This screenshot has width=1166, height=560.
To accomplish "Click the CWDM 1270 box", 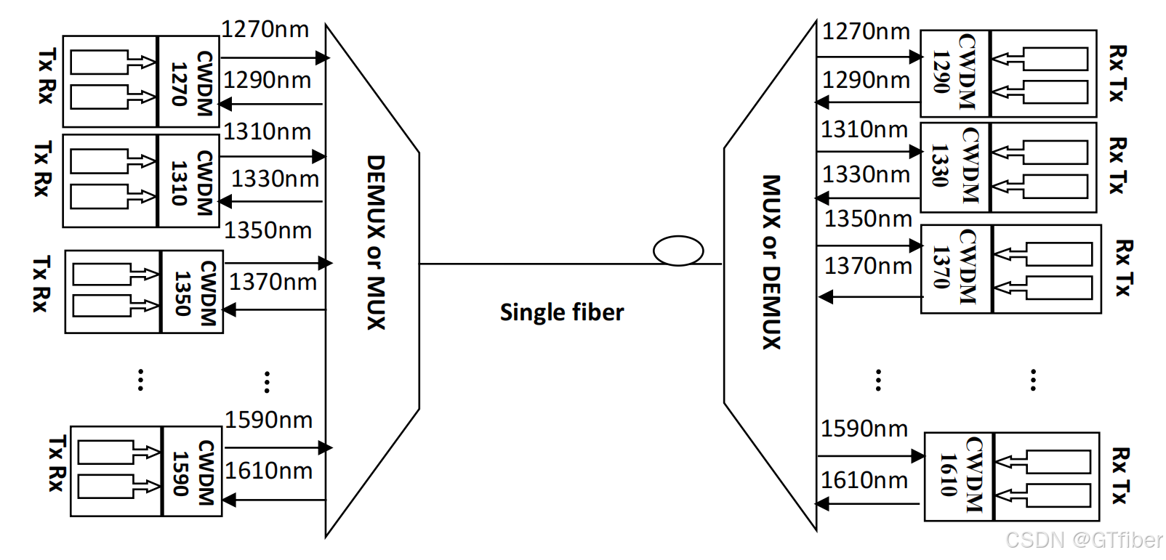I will [x=189, y=81].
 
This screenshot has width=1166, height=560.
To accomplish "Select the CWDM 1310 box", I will [x=189, y=181].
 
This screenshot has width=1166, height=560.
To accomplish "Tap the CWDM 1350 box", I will [x=192, y=292].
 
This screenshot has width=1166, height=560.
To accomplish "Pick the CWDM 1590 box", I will [x=192, y=471].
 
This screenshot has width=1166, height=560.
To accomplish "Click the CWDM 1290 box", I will [x=955, y=73].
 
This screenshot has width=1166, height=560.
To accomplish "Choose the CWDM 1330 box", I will [x=955, y=167].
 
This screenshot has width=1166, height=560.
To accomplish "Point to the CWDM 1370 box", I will [x=957, y=269].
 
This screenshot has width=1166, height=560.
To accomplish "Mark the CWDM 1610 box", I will [x=960, y=476].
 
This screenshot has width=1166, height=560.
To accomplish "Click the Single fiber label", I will [x=562, y=312].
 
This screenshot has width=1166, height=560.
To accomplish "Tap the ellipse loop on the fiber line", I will [x=678, y=251].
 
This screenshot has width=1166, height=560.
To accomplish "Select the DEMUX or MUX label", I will [x=375, y=243].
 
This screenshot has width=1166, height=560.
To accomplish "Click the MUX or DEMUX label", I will [x=771, y=261].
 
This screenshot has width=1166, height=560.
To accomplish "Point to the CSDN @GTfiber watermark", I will [x=1083, y=540].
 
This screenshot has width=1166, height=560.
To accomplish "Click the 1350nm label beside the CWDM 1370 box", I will [x=868, y=219].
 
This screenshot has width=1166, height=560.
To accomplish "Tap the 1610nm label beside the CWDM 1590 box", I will [x=268, y=471].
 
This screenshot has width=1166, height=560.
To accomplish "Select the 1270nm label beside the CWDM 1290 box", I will [x=866, y=31].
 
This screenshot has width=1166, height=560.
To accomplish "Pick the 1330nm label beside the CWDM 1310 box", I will [x=275, y=179].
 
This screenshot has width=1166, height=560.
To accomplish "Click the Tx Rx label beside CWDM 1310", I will [x=42, y=169].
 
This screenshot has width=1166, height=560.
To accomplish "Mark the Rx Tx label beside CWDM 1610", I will [x=1120, y=476].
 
